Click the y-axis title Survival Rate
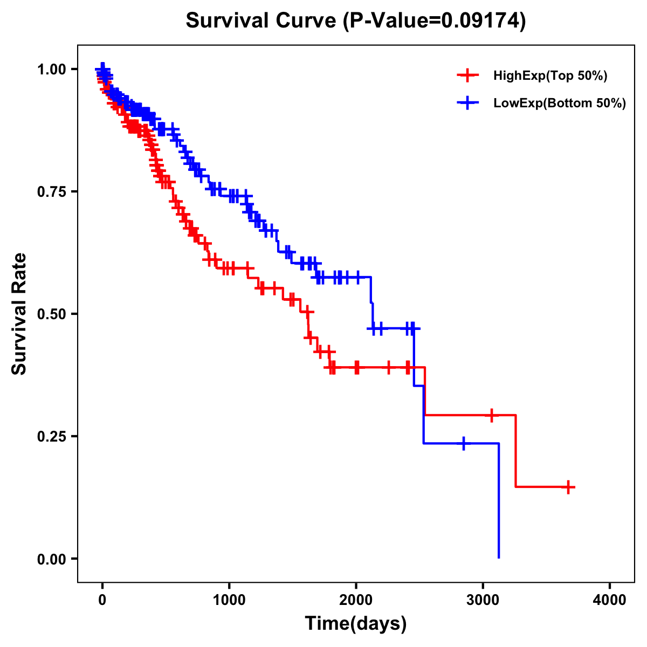pos(19,314)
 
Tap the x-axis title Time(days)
pos(356,624)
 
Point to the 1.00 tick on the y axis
pos(52,70)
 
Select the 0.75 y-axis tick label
pos(52,192)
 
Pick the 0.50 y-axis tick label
pos(52,314)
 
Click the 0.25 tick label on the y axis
pos(52,437)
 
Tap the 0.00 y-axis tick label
pos(52,559)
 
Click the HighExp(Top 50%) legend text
pos(550,76)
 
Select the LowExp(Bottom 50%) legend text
pos(560,104)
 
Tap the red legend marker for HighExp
pos(468,75)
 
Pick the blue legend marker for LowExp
pos(468,103)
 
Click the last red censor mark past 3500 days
pos(568,487)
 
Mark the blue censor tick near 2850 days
pos(463,443)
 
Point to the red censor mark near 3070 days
pos(491,415)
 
